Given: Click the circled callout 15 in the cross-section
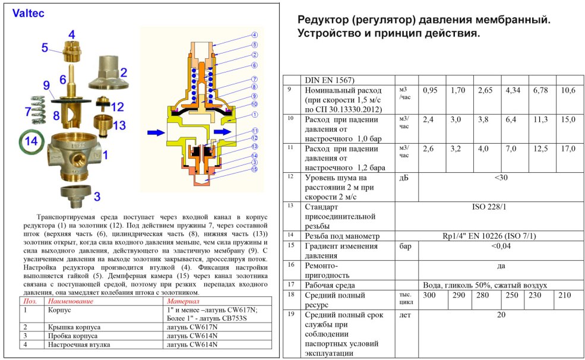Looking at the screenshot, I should point(254,169).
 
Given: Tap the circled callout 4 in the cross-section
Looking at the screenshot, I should point(254,34).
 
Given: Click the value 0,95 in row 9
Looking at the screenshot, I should point(429,90).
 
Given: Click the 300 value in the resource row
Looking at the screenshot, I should point(430,295).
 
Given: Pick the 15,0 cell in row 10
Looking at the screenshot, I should point(568,119).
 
